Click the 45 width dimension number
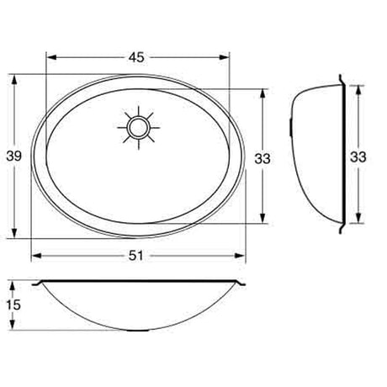click(x=137, y=57)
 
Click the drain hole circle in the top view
click(x=137, y=127)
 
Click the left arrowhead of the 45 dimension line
click(x=49, y=58)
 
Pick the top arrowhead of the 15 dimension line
click(x=14, y=284)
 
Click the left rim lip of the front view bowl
click(x=36, y=282)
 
